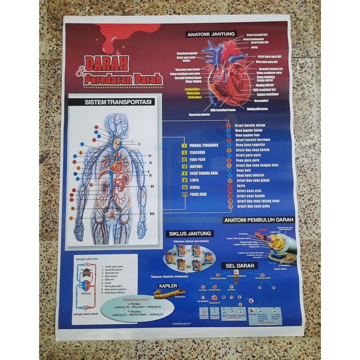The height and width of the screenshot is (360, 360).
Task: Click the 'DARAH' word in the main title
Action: click(106, 63)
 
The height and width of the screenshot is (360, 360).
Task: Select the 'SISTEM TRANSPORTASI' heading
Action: click(118, 102)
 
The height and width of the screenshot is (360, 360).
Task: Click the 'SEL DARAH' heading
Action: click(238, 266)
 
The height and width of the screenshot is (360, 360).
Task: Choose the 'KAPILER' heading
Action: click(168, 285)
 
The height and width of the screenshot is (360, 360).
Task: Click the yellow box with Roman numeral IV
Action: click(184, 167)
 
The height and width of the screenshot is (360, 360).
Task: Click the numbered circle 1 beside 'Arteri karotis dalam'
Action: click(228, 125)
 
